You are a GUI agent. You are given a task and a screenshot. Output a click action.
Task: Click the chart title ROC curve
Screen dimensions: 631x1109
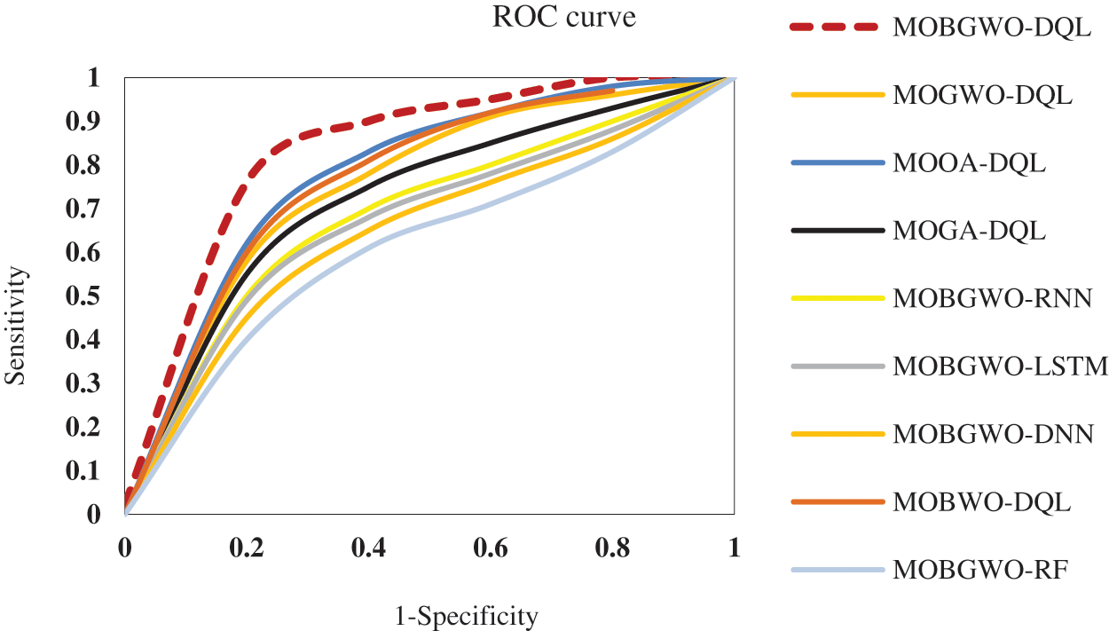coord(564,18)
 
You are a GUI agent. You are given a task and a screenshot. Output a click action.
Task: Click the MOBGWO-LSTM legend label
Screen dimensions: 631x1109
coord(1000,366)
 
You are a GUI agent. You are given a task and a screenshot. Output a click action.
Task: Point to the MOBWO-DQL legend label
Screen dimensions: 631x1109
coord(981,501)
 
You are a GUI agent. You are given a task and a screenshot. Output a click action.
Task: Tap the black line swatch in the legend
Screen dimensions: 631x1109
coord(837,231)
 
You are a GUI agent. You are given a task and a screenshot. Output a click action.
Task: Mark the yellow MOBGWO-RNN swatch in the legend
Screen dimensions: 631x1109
coord(837,298)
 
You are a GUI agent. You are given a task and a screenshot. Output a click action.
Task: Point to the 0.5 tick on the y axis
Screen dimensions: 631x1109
coord(92,296)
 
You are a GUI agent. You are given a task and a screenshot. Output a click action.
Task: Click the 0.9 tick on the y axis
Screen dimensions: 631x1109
coord(92,122)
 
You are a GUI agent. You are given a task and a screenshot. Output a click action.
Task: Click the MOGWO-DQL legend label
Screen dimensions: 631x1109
coord(983,95)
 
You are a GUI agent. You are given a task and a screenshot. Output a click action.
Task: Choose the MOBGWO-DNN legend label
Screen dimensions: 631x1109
coord(993,434)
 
